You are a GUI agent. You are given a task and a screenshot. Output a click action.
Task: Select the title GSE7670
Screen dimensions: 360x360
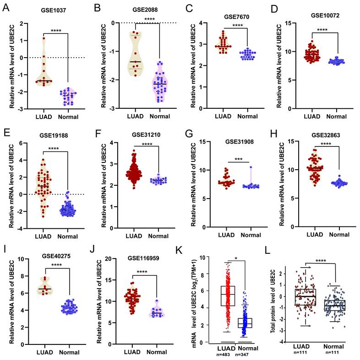pyautogui.click(x=235, y=17)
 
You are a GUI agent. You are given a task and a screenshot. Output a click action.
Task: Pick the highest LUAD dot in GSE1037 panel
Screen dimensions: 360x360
pyautogui.click(x=45, y=38)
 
